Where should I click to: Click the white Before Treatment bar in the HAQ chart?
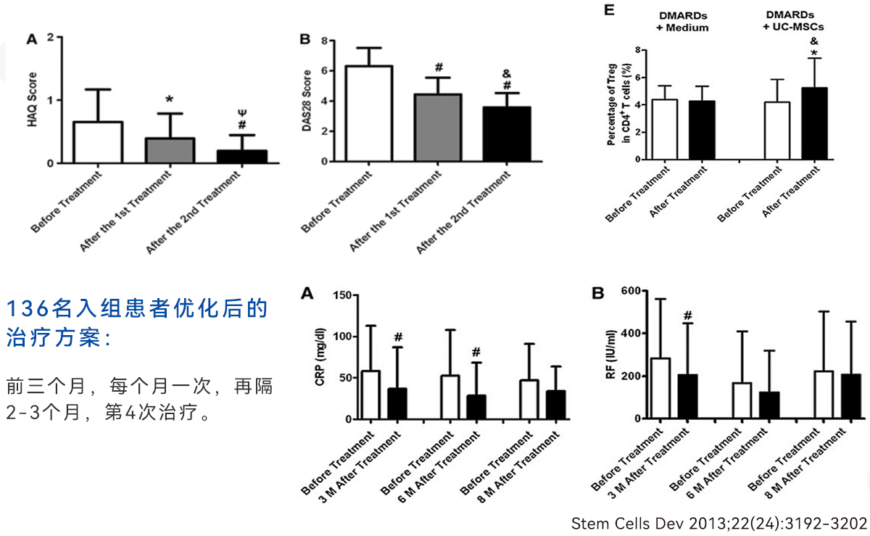[x=98, y=142]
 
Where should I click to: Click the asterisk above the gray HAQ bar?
[x=169, y=99]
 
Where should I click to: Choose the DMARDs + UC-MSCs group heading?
[x=794, y=21]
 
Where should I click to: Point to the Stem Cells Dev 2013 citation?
[x=718, y=523]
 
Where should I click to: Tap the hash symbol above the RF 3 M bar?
[x=688, y=316]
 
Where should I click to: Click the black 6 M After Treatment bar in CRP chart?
[x=476, y=407]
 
